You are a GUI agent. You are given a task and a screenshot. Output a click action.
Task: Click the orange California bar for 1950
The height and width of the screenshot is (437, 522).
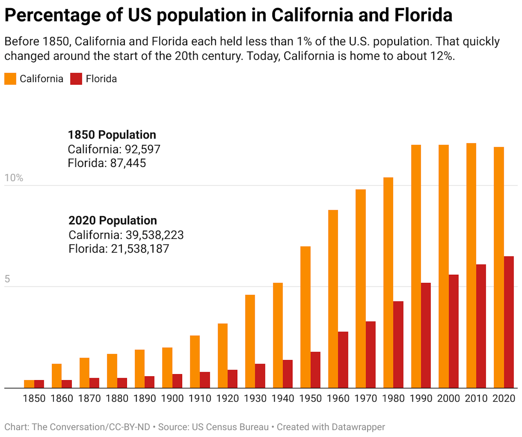point(305,317)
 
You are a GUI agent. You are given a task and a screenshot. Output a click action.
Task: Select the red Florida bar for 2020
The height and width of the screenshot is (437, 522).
point(509,322)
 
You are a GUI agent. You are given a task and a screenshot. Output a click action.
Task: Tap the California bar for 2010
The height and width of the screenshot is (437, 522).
point(471,265)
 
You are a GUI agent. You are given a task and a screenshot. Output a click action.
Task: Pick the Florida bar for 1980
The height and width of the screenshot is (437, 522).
point(398,344)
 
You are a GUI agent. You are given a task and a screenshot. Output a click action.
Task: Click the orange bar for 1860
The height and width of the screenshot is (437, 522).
point(57,376)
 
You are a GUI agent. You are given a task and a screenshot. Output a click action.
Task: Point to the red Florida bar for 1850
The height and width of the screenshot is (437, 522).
point(39,384)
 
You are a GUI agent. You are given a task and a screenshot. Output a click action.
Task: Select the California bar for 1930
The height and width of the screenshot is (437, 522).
point(250,341)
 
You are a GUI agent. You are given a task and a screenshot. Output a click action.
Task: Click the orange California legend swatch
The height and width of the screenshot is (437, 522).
point(10,79)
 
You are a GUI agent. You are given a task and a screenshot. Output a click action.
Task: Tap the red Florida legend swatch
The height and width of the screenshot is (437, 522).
point(76,79)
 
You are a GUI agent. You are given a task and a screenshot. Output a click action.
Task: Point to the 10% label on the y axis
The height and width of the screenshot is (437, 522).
point(14,178)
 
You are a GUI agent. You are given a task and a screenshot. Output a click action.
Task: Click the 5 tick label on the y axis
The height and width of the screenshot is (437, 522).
point(7,279)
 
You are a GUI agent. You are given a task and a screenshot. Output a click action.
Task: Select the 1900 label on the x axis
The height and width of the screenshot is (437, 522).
point(172,399)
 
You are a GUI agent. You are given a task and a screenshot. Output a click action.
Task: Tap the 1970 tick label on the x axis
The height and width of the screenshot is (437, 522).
point(366,399)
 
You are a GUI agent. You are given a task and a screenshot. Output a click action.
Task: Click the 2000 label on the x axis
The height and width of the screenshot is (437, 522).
point(449,399)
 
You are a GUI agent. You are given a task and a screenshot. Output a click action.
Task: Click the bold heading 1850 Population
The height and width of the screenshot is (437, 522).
point(112,135)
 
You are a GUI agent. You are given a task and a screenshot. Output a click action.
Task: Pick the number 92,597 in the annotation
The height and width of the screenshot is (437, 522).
point(142,149)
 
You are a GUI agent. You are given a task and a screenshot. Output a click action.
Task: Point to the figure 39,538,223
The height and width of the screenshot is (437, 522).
point(154,235)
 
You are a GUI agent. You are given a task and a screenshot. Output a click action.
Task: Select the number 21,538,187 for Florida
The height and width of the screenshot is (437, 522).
point(140,249)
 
